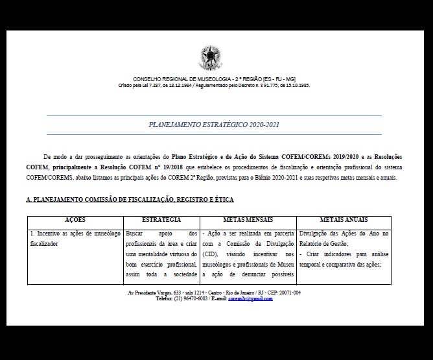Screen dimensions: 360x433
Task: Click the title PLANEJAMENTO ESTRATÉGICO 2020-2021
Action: tap(214, 124)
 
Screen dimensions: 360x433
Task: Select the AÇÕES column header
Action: tap(75, 221)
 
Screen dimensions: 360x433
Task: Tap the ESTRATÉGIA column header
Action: tap(161, 221)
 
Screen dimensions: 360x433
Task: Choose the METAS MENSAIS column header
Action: tap(248, 221)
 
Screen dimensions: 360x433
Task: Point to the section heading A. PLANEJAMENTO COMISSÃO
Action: tap(130, 199)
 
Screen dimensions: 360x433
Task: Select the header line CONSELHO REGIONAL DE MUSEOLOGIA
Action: tap(214, 79)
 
